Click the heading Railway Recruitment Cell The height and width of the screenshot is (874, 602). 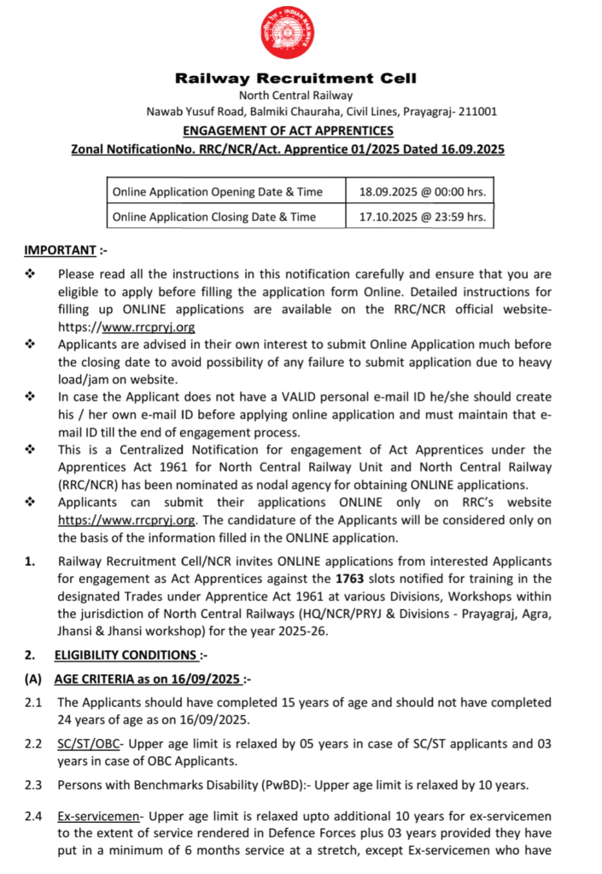(x=295, y=79)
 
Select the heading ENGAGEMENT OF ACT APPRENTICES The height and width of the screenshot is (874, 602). (x=289, y=131)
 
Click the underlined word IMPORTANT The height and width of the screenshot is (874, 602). (x=59, y=250)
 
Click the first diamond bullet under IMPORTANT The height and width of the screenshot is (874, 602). (x=31, y=274)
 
